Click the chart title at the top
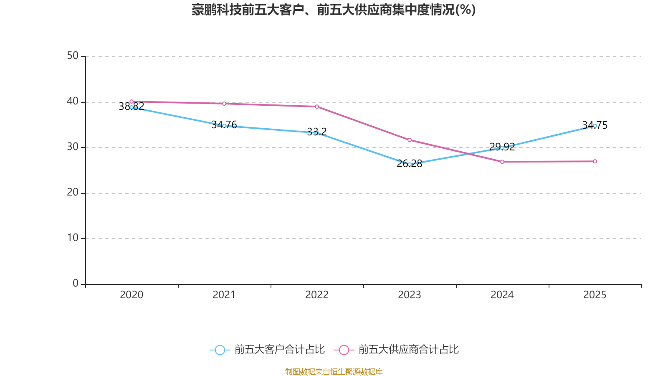(x=334, y=10)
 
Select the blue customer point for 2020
(x=132, y=107)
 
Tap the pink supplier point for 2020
(x=132, y=102)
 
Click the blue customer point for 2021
(x=224, y=126)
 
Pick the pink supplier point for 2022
(x=317, y=107)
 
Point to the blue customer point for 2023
(x=410, y=164)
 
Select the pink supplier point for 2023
(x=410, y=140)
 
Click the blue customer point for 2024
(x=502, y=147)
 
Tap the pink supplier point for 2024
(x=502, y=162)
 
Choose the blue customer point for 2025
(x=595, y=126)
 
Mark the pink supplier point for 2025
(x=595, y=161)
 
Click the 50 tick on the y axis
(x=73, y=56)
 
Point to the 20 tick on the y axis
(x=73, y=193)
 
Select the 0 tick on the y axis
(x=76, y=284)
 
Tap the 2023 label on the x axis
(x=410, y=295)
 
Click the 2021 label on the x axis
(x=224, y=295)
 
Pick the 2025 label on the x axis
(x=595, y=295)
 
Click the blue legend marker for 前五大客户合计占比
(x=220, y=350)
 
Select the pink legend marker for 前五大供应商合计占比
(x=344, y=350)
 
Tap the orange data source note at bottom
(x=334, y=371)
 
